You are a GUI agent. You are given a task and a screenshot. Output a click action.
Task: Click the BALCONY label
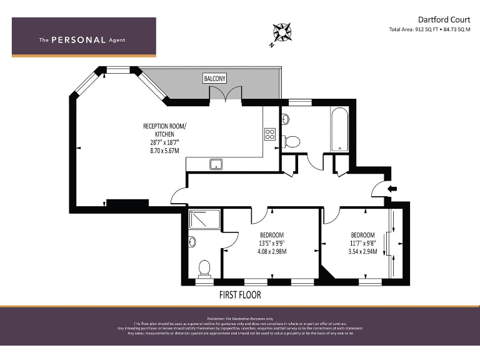click(x=215, y=78)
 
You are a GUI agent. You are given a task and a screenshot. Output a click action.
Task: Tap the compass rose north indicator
click(x=281, y=32)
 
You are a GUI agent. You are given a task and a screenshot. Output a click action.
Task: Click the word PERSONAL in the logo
click(x=78, y=40)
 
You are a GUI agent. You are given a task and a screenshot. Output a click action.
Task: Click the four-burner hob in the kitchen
click(x=270, y=134)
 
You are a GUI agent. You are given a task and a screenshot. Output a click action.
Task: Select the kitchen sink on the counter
click(x=216, y=164)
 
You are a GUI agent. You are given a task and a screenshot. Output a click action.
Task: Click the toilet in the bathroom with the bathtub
click(x=292, y=141)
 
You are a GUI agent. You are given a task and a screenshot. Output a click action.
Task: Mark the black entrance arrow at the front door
click(x=392, y=188)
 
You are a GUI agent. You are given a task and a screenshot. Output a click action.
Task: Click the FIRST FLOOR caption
click(x=240, y=294)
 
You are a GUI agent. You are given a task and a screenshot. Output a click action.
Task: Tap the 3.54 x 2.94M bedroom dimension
click(x=362, y=252)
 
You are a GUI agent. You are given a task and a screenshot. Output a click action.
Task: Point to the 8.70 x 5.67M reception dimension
click(x=164, y=151)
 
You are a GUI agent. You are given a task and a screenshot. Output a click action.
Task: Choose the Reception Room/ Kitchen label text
click(x=164, y=130)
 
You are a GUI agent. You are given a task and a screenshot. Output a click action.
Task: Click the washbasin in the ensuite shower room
click(x=192, y=241)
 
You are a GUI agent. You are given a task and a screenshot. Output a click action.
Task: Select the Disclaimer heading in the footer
click(x=240, y=319)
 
